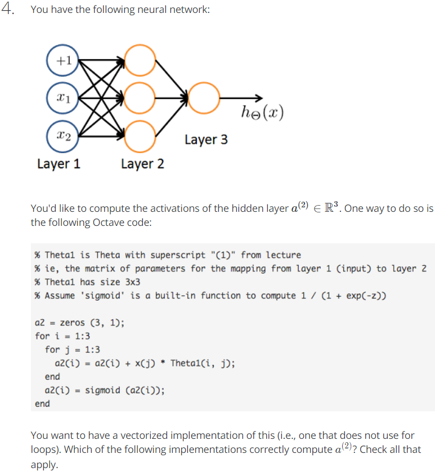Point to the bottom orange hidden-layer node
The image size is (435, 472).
pyautogui.click(x=140, y=136)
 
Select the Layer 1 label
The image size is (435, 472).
pyautogui.click(x=59, y=164)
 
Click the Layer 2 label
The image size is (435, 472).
pyautogui.click(x=142, y=164)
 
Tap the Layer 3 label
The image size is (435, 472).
pyautogui.click(x=206, y=139)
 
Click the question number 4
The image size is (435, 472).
pyautogui.click(x=8, y=10)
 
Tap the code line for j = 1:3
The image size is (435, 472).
pyautogui.click(x=72, y=350)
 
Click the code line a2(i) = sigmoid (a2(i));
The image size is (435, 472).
pyautogui.click(x=105, y=390)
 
